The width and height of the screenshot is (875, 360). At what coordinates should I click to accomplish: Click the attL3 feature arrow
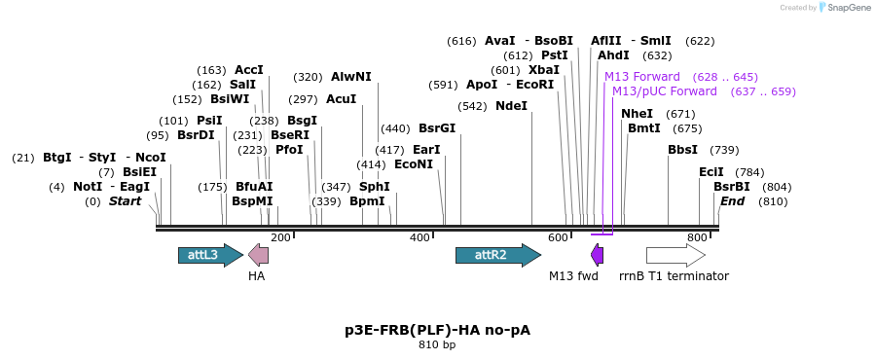click(x=211, y=255)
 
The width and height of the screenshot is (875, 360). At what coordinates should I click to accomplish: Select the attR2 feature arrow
click(x=498, y=255)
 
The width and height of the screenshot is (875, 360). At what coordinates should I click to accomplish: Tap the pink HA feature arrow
click(x=258, y=255)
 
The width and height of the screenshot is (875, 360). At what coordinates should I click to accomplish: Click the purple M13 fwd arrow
click(x=597, y=255)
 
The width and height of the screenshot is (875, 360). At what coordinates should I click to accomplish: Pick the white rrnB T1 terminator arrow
click(x=675, y=255)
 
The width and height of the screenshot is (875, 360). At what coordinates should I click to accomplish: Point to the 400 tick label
click(x=419, y=237)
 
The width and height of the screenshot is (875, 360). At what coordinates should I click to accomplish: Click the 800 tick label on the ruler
click(x=697, y=237)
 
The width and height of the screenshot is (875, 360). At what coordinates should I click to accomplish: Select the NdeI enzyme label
click(x=511, y=106)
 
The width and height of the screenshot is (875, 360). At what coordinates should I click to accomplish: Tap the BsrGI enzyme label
click(x=437, y=128)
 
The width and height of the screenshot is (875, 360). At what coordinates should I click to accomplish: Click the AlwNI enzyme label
click(x=351, y=77)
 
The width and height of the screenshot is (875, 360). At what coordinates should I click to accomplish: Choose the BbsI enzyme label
click(x=682, y=150)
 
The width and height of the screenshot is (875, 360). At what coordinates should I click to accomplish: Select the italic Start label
click(x=125, y=201)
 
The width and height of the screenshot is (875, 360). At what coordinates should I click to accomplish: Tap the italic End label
click(x=732, y=201)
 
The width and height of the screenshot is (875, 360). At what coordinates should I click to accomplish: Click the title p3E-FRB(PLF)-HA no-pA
click(x=438, y=330)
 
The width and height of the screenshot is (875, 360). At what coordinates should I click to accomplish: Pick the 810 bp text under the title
click(x=438, y=345)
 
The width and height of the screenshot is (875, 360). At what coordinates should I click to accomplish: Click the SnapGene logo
click(x=846, y=7)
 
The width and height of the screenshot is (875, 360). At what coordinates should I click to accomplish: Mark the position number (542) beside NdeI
click(x=472, y=106)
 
